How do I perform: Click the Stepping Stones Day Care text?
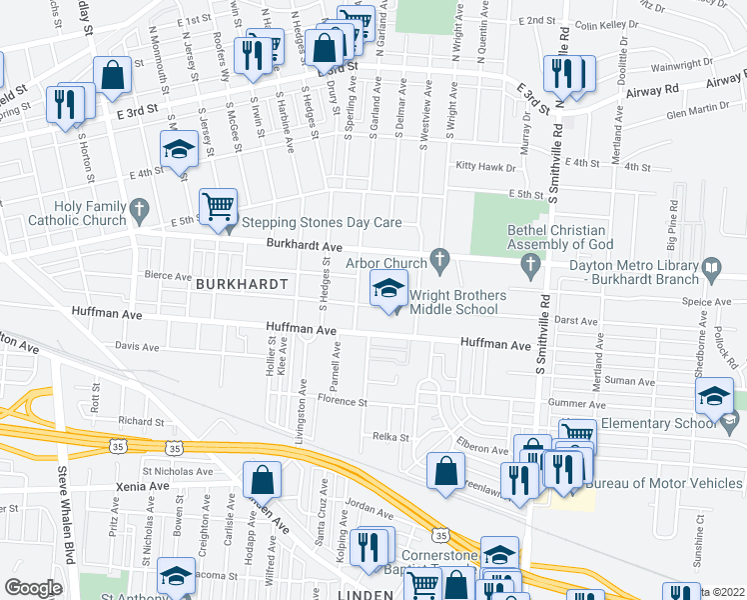coord(313,223)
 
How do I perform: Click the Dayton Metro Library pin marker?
coord(711,266)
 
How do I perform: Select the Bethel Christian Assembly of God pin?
coord(530,265)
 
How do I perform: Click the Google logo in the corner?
coord(32,587)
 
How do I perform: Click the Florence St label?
coord(343,402)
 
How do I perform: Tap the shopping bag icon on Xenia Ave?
coord(261,480)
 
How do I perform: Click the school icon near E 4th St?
coord(179,149)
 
